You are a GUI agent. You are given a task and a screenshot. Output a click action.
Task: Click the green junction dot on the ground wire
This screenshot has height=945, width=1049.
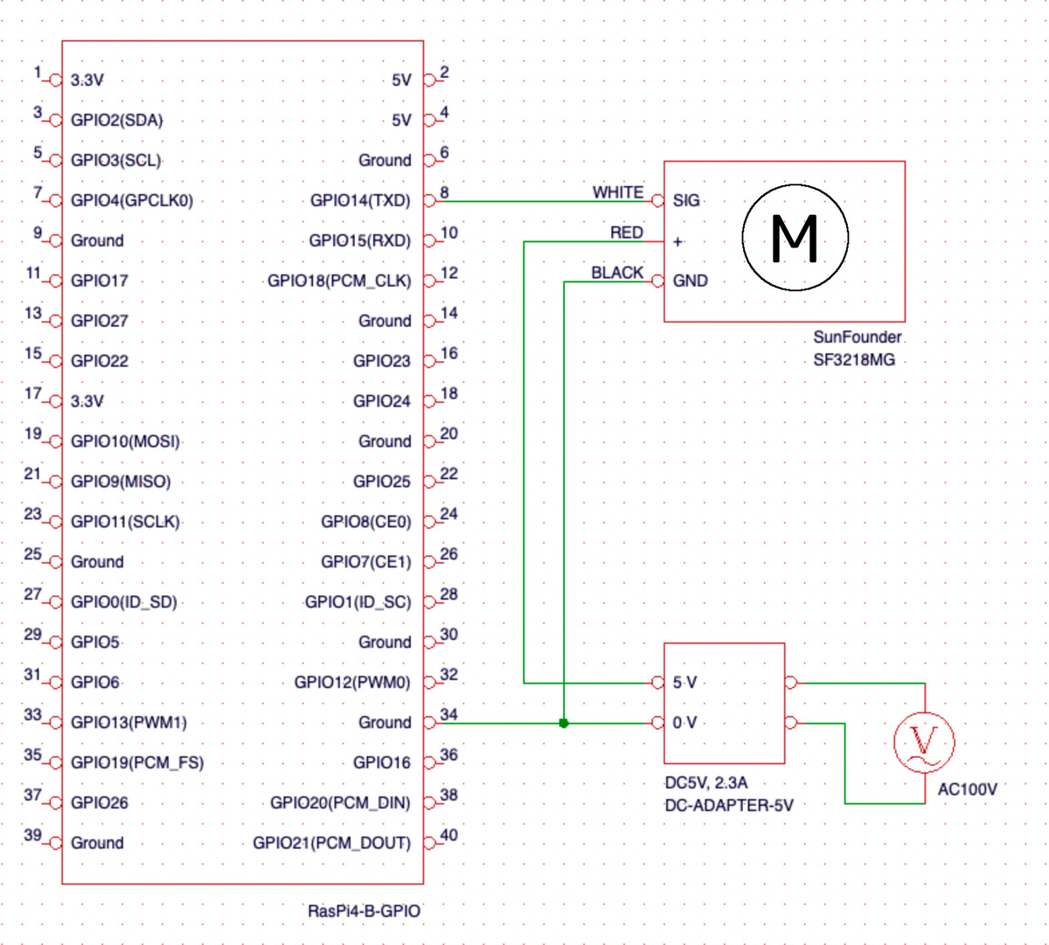(563, 723)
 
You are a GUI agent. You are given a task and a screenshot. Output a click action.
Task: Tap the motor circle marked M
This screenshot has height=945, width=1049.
(795, 238)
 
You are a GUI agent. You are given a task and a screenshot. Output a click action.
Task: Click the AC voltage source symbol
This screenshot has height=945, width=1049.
(924, 742)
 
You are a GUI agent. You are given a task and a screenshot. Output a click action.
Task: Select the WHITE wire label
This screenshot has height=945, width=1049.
(617, 192)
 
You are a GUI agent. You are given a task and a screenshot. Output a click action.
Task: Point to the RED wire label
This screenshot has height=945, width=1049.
(627, 233)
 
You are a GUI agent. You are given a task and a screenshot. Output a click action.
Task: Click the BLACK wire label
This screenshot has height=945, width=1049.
(617, 273)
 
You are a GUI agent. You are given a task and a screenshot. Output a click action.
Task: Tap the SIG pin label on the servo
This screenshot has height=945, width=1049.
(686, 200)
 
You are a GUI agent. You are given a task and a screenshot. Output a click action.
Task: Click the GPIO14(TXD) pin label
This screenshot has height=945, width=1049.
(360, 200)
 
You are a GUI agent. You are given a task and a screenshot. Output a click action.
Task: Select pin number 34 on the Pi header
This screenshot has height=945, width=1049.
(448, 714)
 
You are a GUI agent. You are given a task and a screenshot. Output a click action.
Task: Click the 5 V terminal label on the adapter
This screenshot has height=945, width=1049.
(684, 682)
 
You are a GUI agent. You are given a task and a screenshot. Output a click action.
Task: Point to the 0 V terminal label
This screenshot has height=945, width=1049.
(684, 722)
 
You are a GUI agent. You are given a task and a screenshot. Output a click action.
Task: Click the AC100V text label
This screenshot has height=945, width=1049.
(968, 789)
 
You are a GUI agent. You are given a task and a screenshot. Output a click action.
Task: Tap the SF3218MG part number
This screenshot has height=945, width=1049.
(854, 360)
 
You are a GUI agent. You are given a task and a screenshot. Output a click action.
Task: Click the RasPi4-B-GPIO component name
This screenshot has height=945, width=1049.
(364, 912)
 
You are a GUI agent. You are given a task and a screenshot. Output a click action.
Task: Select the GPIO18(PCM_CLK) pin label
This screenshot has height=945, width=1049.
(339, 281)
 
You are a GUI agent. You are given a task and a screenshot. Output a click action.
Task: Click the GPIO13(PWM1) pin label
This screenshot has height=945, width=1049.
(129, 722)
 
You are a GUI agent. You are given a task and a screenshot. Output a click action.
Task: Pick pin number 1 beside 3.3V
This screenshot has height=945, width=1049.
(38, 73)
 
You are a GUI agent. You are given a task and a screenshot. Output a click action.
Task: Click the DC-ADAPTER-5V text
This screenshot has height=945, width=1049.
(729, 805)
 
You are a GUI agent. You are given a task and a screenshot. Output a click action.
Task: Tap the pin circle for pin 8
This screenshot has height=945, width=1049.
(429, 201)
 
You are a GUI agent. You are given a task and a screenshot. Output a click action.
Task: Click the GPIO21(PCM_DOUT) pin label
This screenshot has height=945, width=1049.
(331, 843)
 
